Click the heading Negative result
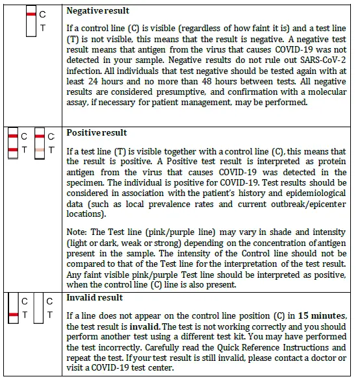click(98, 11)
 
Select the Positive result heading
click(97, 132)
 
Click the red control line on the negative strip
click(31, 13)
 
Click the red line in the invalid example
click(12, 315)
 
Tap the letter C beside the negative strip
click(42, 14)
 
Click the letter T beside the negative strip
click(42, 28)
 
